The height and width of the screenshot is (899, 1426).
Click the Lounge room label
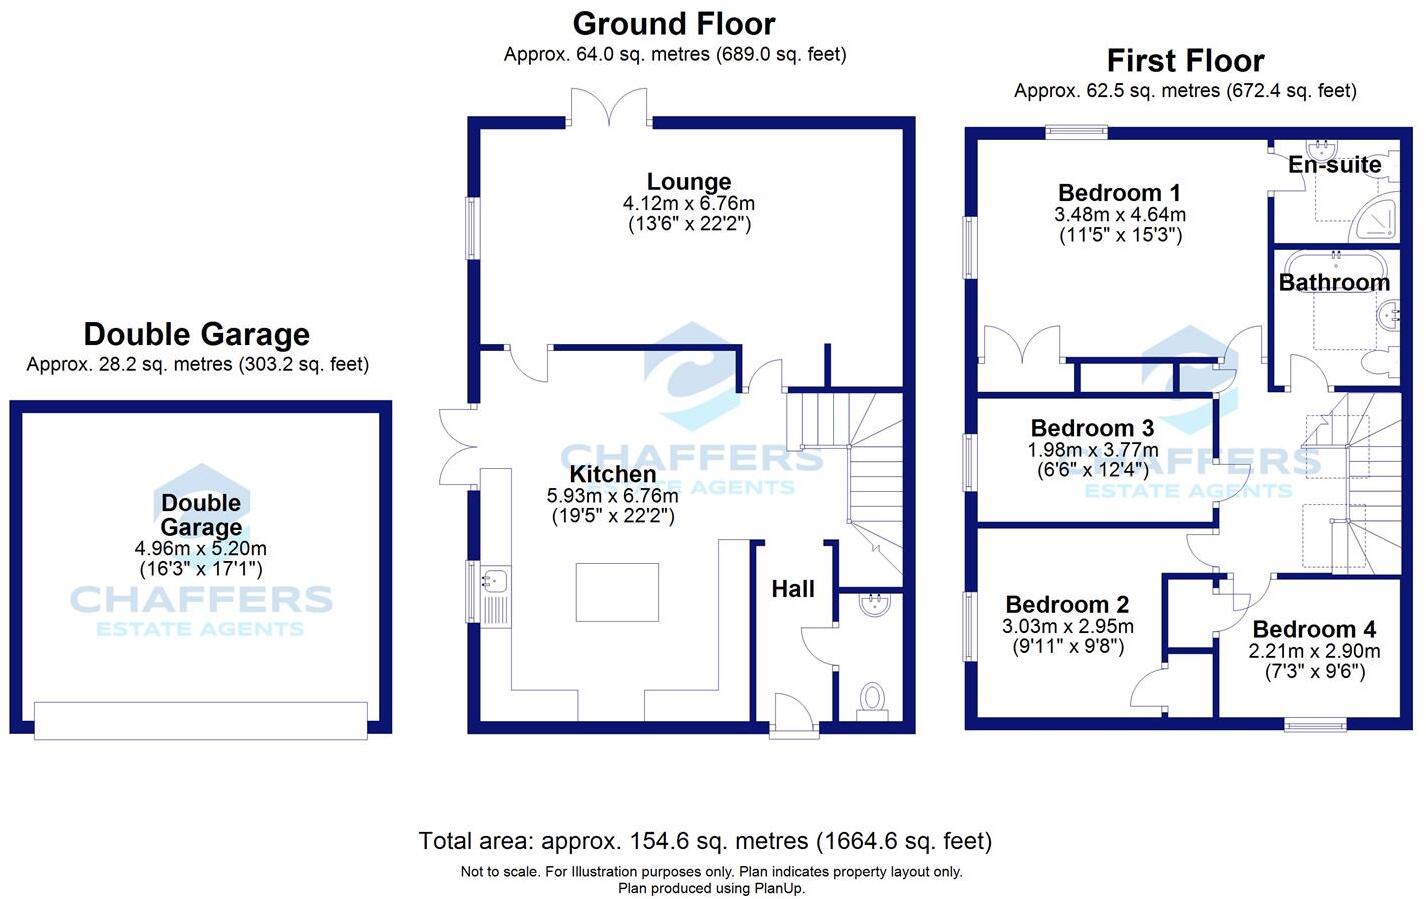(x=689, y=181)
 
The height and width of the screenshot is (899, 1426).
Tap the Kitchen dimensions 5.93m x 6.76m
(x=612, y=495)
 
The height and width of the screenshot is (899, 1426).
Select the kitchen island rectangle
(x=617, y=592)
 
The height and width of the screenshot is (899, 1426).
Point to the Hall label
(x=793, y=589)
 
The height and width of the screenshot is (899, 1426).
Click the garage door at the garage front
(x=201, y=721)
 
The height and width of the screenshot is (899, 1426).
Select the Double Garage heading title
(x=197, y=334)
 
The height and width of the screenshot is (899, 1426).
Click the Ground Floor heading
(x=674, y=24)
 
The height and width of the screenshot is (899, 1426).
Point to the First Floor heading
(x=1185, y=61)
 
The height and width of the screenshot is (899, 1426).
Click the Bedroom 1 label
(x=1119, y=192)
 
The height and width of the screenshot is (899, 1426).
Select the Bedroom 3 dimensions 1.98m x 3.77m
(x=1092, y=450)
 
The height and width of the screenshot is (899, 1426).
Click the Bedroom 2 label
(x=1067, y=604)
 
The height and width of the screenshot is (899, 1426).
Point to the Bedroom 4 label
(x=1314, y=629)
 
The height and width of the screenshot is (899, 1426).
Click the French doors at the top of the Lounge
(x=609, y=107)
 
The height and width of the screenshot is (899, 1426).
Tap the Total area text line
(x=705, y=841)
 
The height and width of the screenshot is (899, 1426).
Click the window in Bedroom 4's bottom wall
(x=1315, y=725)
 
